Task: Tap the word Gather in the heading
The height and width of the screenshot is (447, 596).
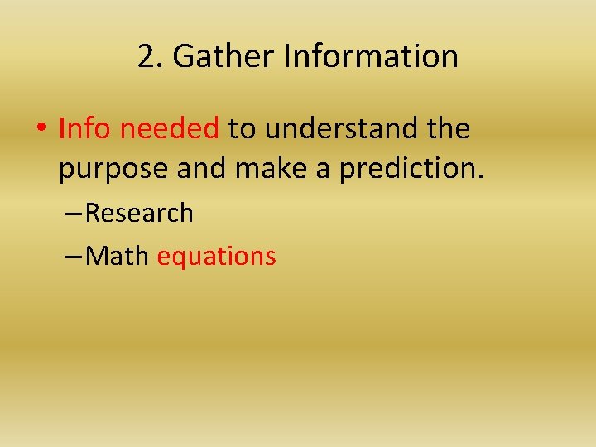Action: click(x=224, y=57)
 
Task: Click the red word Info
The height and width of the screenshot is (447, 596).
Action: click(x=85, y=128)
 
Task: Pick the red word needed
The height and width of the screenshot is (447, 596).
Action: click(x=170, y=128)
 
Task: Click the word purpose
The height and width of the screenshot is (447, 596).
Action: click(x=113, y=169)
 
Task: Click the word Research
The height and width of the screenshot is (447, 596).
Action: click(x=139, y=213)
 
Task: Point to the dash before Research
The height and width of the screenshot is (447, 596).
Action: click(x=74, y=214)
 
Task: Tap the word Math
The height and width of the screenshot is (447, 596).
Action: click(x=117, y=256)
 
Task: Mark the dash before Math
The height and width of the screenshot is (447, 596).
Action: click(x=74, y=257)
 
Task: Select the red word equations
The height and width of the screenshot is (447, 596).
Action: click(x=216, y=257)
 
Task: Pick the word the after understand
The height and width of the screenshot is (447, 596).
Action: click(x=449, y=128)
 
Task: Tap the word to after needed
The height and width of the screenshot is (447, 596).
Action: click(x=241, y=128)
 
